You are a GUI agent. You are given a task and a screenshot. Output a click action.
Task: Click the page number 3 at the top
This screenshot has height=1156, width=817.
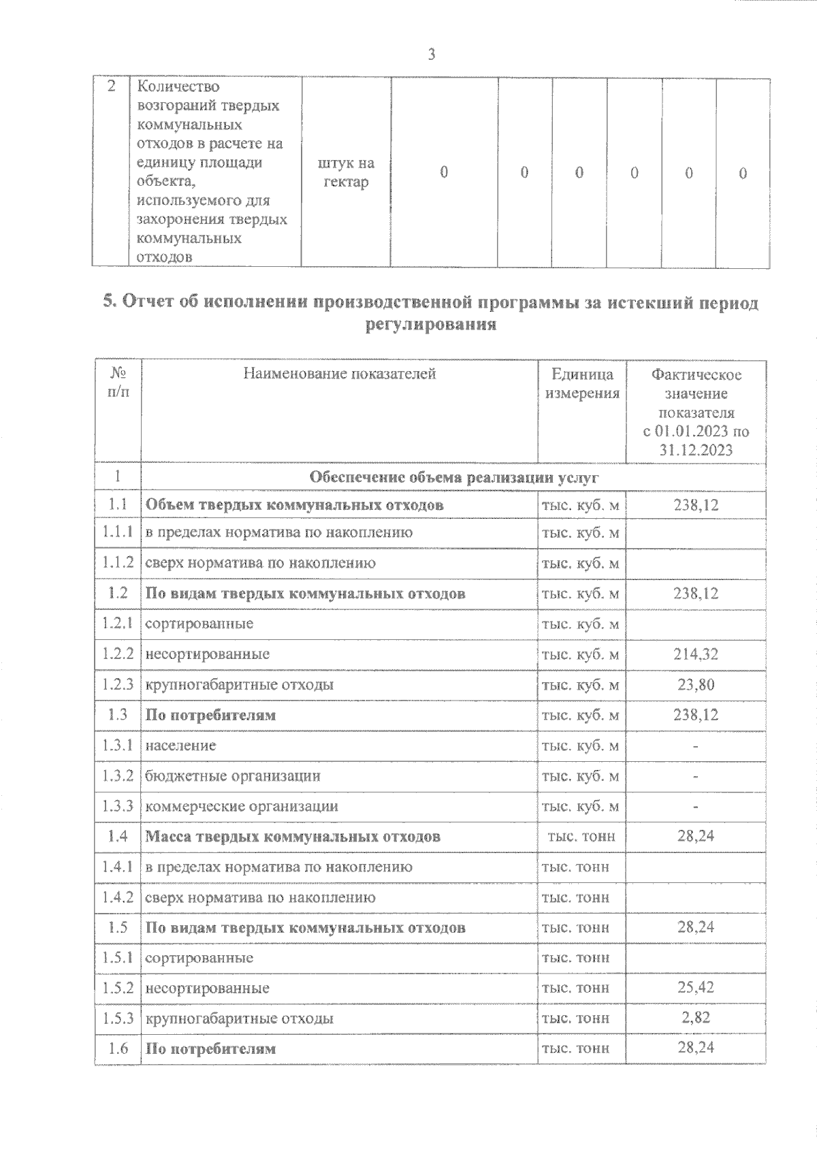pyautogui.click(x=431, y=55)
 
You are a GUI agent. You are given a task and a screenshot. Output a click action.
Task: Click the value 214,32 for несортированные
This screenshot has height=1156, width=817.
pyautogui.click(x=696, y=654)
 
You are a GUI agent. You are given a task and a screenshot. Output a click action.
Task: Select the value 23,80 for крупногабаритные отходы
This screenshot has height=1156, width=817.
pyautogui.click(x=696, y=684)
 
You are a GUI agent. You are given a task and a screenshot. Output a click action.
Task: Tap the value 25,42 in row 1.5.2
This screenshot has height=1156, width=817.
pyautogui.click(x=696, y=987)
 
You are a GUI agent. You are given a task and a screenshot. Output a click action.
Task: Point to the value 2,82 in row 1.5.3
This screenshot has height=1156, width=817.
pyautogui.click(x=696, y=1018)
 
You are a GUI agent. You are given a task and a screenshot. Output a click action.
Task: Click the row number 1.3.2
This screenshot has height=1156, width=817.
pyautogui.click(x=117, y=775)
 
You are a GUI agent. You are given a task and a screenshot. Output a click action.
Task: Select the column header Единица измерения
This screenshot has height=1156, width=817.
pyautogui.click(x=581, y=383)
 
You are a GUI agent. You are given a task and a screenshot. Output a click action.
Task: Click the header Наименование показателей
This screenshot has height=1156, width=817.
pyautogui.click(x=339, y=374)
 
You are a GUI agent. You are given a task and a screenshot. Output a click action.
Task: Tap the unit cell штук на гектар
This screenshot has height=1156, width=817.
pyautogui.click(x=346, y=173)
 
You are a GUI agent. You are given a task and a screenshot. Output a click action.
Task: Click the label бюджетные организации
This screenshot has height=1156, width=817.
pyautogui.click(x=232, y=776)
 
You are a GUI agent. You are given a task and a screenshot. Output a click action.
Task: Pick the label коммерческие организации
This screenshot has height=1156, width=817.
pyautogui.click(x=241, y=806)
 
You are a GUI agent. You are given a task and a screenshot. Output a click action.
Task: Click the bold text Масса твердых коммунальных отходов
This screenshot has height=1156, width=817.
pyautogui.click(x=293, y=836)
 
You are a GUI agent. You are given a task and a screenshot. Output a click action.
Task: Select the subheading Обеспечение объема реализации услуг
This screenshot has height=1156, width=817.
pyautogui.click(x=453, y=477)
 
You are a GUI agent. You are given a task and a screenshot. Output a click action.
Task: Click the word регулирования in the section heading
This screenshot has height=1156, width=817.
pyautogui.click(x=431, y=325)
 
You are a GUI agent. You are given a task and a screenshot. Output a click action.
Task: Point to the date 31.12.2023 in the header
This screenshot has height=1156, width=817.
pyautogui.click(x=696, y=450)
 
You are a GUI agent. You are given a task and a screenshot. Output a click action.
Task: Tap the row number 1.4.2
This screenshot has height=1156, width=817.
pyautogui.click(x=117, y=897)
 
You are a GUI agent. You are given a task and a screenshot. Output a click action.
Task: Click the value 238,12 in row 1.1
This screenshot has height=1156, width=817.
pyautogui.click(x=696, y=505)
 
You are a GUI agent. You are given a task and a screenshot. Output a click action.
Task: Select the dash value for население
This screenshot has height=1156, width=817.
pyautogui.click(x=696, y=746)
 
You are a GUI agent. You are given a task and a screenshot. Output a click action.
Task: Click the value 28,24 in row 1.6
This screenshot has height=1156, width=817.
pyautogui.click(x=696, y=1047)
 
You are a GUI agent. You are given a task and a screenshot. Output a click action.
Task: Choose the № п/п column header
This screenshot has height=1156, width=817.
pyautogui.click(x=118, y=383)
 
